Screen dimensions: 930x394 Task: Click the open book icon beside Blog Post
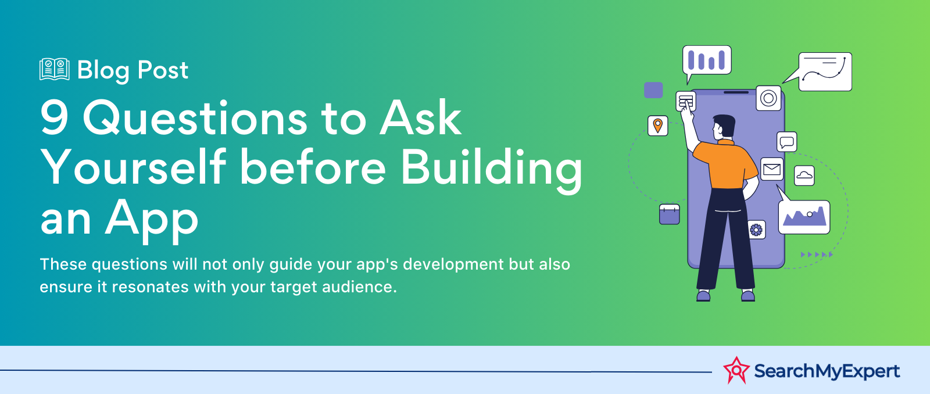tap(55, 69)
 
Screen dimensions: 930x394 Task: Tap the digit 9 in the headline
tap(55, 119)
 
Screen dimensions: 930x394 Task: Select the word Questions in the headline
tap(195, 119)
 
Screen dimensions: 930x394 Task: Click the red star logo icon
tap(736, 370)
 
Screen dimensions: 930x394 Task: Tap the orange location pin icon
tap(657, 126)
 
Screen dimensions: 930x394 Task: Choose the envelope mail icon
tap(772, 169)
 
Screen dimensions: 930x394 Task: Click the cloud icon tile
tap(804, 175)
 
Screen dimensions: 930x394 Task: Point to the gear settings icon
tap(756, 230)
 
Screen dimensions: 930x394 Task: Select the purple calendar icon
tap(669, 214)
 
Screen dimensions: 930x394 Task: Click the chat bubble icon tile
tap(787, 142)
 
